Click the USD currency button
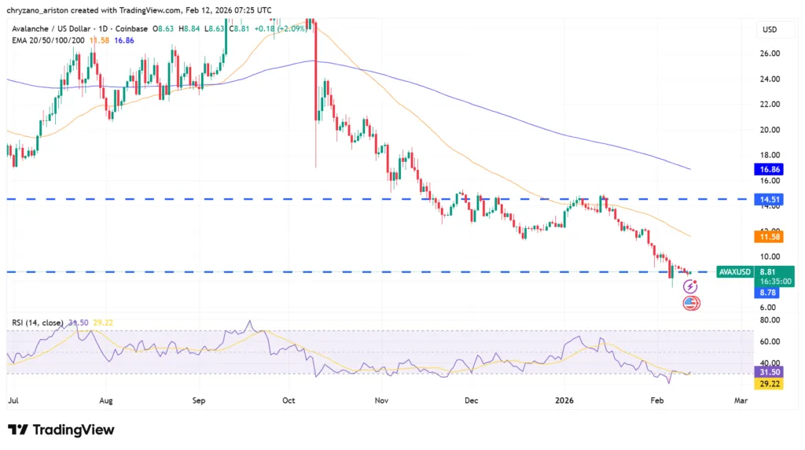[769, 30]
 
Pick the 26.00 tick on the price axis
[769, 53]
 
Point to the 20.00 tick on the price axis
[769, 130]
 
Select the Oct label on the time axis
[289, 400]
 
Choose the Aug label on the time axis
[106, 400]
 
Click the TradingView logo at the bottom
[61, 430]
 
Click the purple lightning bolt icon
[689, 287]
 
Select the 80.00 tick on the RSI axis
[769, 320]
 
